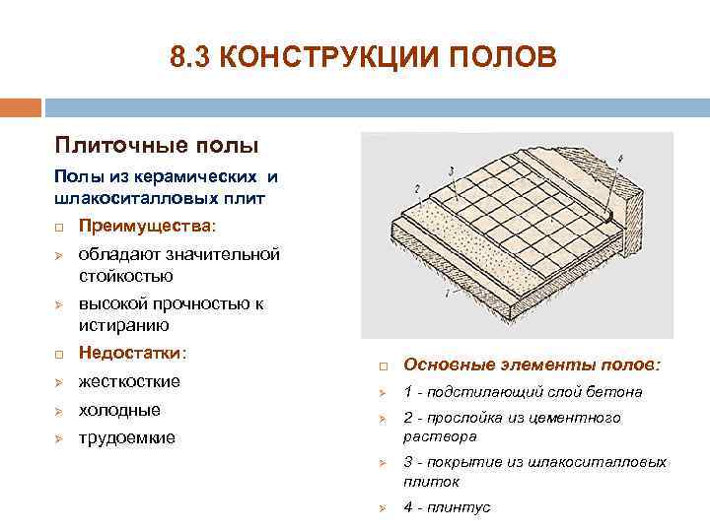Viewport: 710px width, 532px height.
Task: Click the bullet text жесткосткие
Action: click(x=129, y=381)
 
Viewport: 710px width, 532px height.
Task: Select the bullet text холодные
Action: click(x=119, y=410)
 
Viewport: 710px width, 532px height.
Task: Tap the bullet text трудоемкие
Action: click(x=127, y=437)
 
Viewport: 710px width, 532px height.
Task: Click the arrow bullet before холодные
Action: click(x=59, y=411)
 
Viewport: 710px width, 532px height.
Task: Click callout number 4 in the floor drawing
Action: click(x=619, y=158)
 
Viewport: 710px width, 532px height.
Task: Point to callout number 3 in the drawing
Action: click(x=450, y=170)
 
